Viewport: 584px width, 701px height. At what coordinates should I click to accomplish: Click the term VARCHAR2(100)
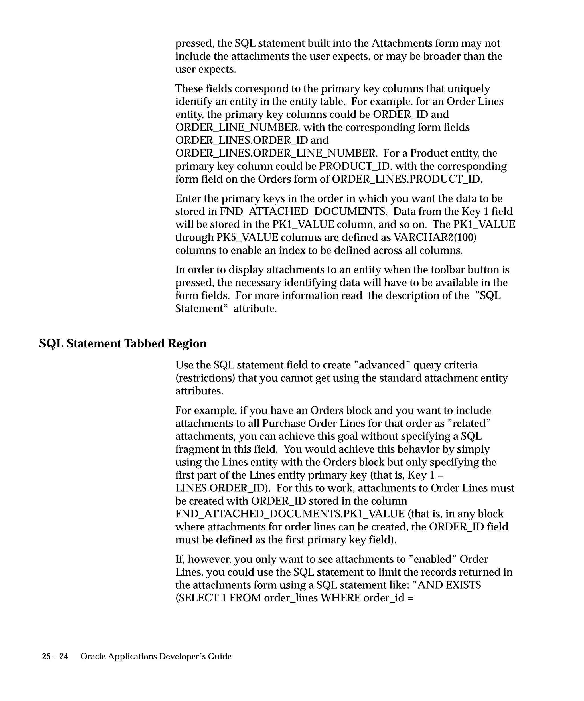(x=435, y=237)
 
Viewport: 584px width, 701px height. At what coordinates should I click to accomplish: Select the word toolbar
(x=447, y=270)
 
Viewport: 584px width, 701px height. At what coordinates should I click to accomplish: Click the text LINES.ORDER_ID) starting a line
(x=223, y=488)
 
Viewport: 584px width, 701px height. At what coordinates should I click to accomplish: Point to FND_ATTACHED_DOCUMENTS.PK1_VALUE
(x=290, y=514)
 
